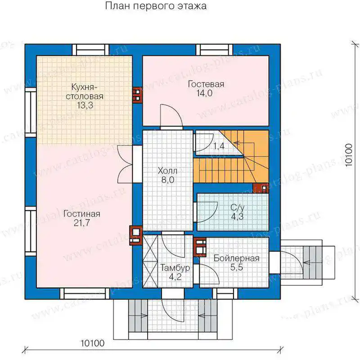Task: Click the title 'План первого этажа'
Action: coord(156,6)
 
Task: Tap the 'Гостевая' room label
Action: coord(206,84)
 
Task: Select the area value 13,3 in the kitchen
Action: coord(85,105)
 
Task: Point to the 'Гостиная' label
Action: coord(82,214)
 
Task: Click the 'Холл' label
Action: coord(167,171)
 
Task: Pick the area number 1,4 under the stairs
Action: coord(219,146)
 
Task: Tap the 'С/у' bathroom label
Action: coord(238,207)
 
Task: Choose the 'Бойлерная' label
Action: coord(237,258)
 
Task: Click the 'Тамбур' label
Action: coord(175,268)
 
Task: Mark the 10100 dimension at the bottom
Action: coord(93,343)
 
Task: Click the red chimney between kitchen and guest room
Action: coord(137,95)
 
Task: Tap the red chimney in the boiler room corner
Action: coord(200,247)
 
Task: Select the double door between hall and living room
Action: coord(125,164)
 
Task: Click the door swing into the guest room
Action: coord(171,116)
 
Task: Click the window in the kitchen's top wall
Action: coord(90,50)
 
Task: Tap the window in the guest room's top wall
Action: coord(214,50)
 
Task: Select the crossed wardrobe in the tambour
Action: coord(150,261)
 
